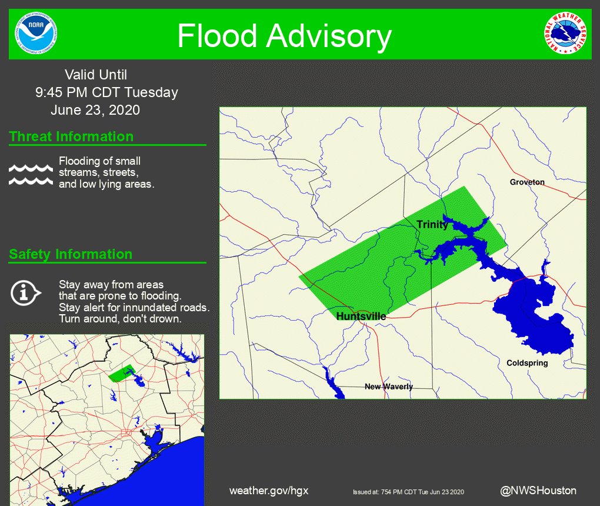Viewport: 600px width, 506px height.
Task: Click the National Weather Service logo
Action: coord(565,34)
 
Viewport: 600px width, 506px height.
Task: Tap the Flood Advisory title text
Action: coord(284,36)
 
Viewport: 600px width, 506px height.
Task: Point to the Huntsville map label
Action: coord(361,317)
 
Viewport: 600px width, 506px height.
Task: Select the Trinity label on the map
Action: coord(432,224)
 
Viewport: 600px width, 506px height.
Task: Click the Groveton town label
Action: coord(527,182)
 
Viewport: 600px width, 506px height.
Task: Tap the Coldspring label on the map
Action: coord(527,363)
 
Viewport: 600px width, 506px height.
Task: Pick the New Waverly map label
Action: coord(388,387)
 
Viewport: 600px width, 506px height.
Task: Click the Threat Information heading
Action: coord(71,137)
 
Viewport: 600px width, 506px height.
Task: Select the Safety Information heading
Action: coord(71,254)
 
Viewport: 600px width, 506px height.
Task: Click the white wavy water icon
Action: coord(31,174)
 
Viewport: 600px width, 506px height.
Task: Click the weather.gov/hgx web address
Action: coord(268,491)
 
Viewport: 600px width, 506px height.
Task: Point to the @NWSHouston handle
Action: coord(538,490)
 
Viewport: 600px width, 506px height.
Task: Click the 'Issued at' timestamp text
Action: coord(408,492)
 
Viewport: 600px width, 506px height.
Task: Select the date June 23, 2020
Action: coord(95,110)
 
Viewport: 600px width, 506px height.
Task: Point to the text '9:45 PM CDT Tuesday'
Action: coord(106,92)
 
